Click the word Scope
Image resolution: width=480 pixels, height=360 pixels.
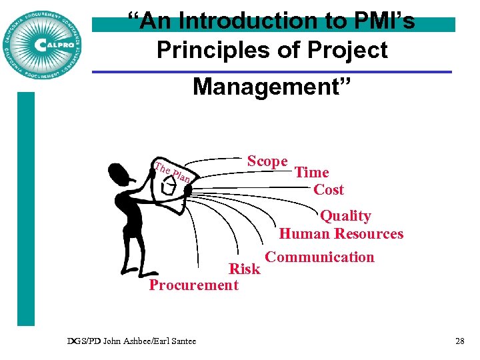[x=267, y=161]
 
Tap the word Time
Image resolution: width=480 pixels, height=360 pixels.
[x=312, y=173]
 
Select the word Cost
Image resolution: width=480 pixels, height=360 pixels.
[x=329, y=190]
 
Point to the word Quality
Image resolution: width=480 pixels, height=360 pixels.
[x=345, y=216]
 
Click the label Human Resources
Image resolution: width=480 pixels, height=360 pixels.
[x=341, y=234]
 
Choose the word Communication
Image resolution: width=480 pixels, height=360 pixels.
[x=320, y=257]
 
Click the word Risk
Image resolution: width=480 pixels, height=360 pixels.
[x=245, y=269]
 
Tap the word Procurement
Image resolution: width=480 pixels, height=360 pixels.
[x=194, y=285]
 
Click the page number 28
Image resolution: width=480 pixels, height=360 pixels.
[x=459, y=341]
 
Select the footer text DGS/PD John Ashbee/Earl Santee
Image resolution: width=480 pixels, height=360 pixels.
[x=132, y=341]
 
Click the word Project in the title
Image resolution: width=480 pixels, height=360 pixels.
[x=348, y=51]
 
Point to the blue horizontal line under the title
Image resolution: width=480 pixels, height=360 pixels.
[x=271, y=72]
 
